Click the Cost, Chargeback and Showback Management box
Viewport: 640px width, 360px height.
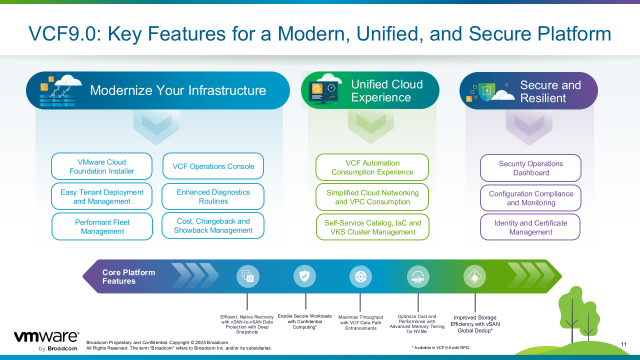[212, 225]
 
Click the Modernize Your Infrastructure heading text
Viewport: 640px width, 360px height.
[178, 91]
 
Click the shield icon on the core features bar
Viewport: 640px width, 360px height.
[304, 276]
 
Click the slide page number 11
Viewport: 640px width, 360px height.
[624, 349]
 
